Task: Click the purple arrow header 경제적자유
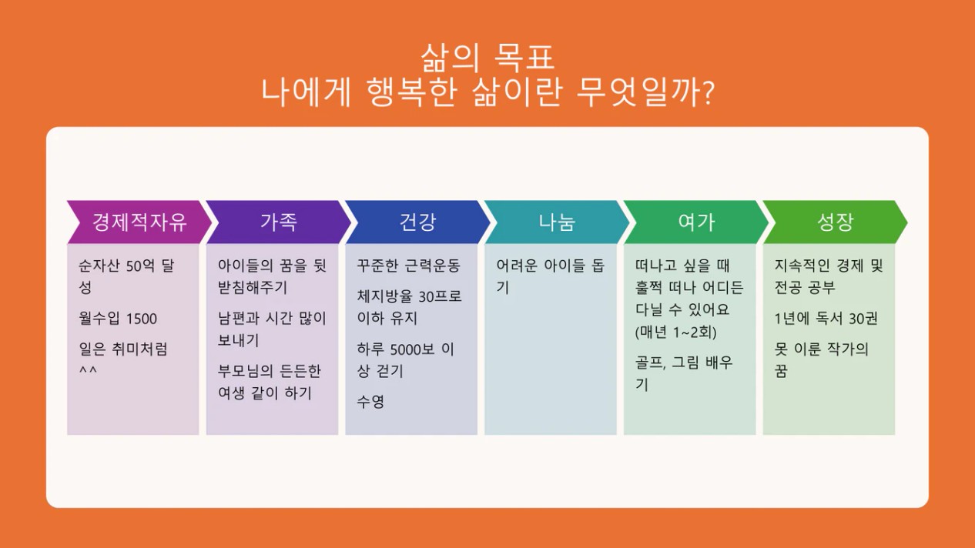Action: (139, 222)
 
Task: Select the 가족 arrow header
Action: (279, 222)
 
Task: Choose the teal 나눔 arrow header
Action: (557, 222)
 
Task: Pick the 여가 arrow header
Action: (696, 222)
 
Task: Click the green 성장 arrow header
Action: (836, 222)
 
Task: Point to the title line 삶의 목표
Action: (487, 58)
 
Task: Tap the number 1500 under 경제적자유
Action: (142, 319)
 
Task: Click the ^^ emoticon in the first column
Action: (88, 370)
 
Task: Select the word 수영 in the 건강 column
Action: (370, 402)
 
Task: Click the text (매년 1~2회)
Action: (676, 332)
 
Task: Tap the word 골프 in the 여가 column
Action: (650, 363)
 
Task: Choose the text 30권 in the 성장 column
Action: (863, 319)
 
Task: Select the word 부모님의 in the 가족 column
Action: (246, 371)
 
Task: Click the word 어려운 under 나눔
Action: (517, 266)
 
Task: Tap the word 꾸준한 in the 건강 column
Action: (377, 266)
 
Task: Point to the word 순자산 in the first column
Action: (99, 266)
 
